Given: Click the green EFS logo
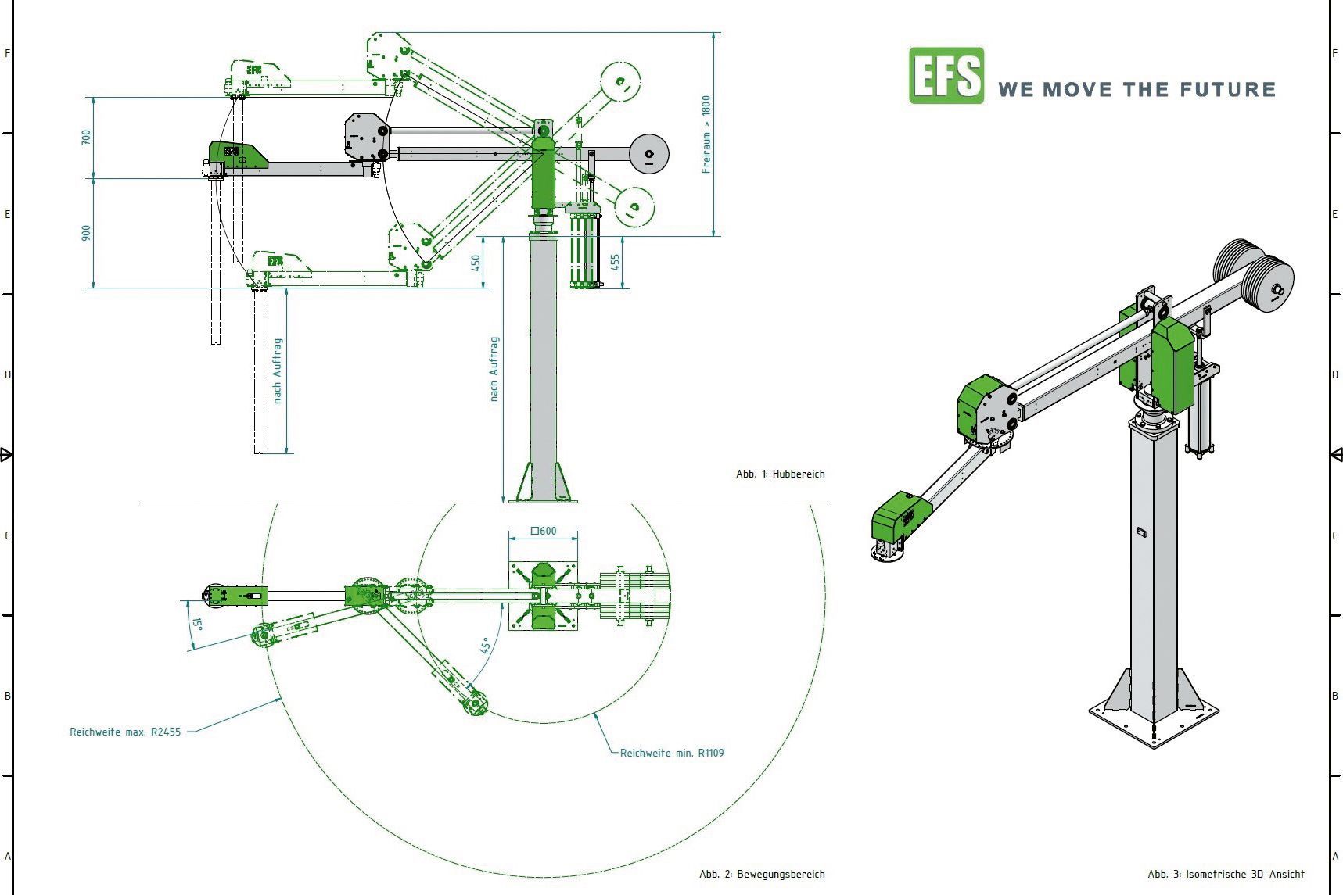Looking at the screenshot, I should coord(946,76).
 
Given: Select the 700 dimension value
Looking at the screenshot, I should coord(86,137).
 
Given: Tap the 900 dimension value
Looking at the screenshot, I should coord(86,233).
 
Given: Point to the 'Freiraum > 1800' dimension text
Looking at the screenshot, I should coord(706,134).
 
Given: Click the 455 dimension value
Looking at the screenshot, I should coord(616,262).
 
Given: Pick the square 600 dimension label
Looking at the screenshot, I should coord(544,531).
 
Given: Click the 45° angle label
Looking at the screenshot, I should coord(485,646).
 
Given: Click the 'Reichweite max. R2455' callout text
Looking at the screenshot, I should coord(125,732).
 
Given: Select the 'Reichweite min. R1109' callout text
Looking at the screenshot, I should coord(672,753).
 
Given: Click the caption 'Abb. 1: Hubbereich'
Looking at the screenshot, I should coord(780,474).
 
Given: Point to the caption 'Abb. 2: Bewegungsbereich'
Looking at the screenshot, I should coord(761,874).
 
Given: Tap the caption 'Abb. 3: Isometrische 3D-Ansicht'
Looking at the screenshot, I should coord(1226,874).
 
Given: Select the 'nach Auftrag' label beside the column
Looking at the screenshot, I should coord(494,370).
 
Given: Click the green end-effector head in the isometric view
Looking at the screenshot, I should coord(900,517).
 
